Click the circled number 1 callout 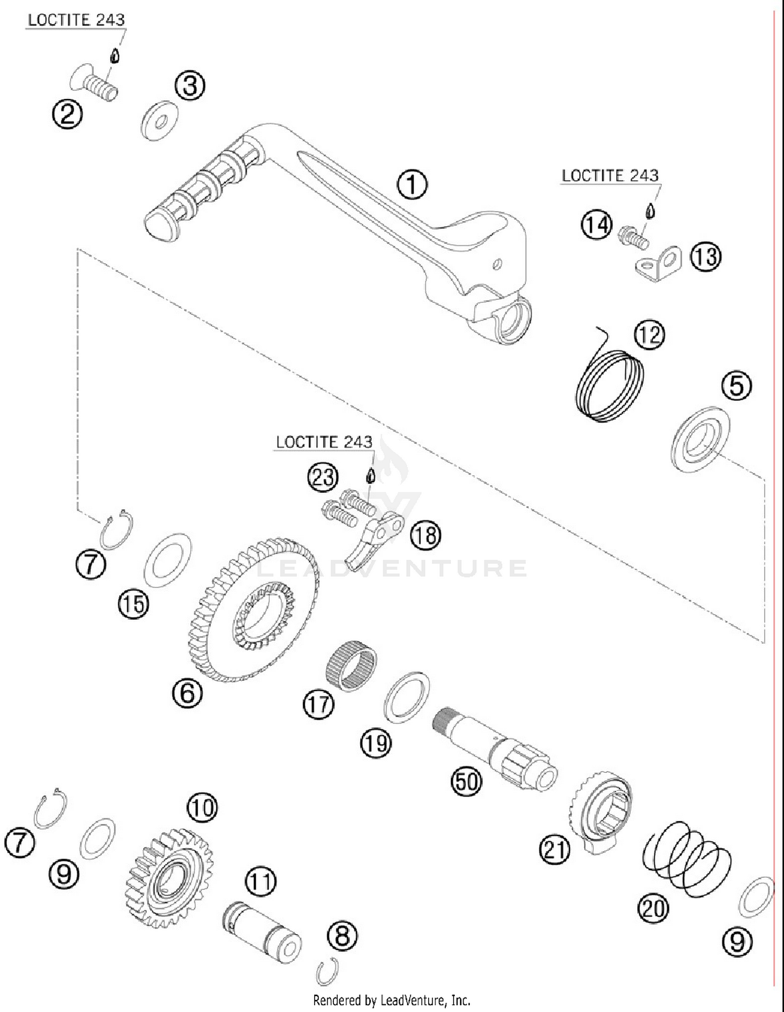(x=412, y=184)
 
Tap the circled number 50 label (x=466, y=782)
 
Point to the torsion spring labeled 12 (x=609, y=385)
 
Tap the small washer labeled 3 (x=159, y=121)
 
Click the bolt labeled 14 (x=633, y=238)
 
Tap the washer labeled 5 (x=700, y=440)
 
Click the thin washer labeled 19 (x=407, y=697)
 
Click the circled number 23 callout (x=322, y=477)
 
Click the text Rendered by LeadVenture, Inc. (x=391, y=1000)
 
